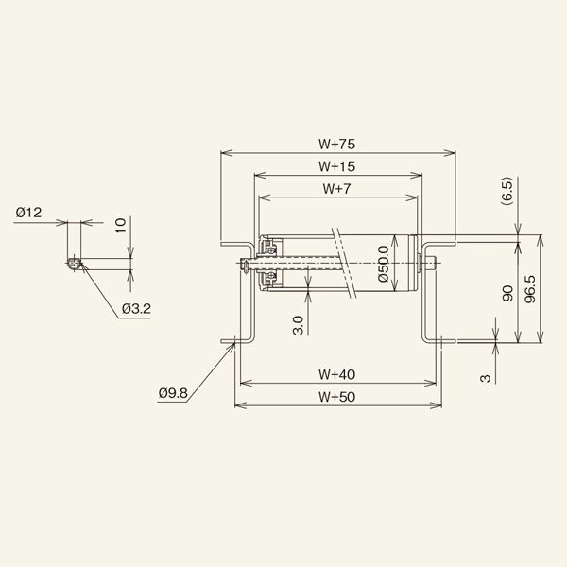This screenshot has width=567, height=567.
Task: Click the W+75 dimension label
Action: click(337, 145)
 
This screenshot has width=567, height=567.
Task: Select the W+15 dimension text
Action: click(337, 166)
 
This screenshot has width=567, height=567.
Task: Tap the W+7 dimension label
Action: click(337, 189)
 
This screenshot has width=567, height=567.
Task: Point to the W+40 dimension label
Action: click(337, 374)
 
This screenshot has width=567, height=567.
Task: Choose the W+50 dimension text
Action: click(337, 397)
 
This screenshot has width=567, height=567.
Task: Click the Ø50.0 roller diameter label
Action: click(384, 264)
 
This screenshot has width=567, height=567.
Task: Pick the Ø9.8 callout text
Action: click(173, 393)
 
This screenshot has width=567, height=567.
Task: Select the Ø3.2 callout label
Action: click(136, 309)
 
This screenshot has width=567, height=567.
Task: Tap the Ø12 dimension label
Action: click(28, 213)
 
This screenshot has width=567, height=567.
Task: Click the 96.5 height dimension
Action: click(530, 289)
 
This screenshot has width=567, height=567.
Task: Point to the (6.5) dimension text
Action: click(507, 191)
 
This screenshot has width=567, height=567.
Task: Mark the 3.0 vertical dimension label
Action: click(299, 325)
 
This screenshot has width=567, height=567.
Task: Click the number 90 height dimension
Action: click(508, 293)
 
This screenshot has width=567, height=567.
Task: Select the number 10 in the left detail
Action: click(121, 225)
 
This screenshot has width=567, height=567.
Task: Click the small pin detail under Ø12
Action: click(74, 264)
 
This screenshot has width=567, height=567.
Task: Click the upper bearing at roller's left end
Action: click(269, 248)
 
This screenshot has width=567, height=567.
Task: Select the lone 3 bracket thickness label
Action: click(486, 379)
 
